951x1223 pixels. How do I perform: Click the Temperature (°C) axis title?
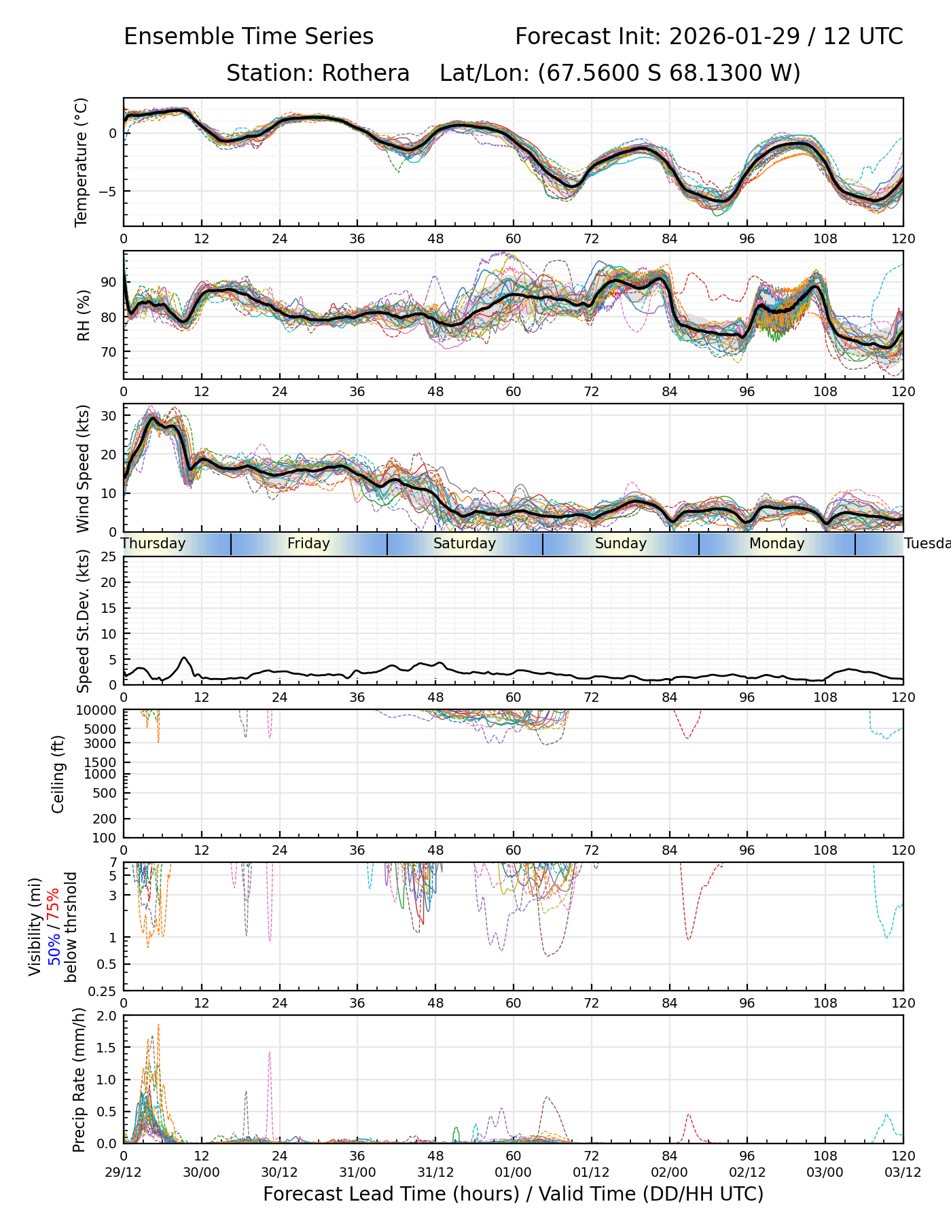(x=82, y=162)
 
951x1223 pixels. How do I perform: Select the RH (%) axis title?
(x=84, y=315)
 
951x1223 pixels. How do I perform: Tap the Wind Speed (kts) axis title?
(x=83, y=468)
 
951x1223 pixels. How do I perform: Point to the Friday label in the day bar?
(x=308, y=544)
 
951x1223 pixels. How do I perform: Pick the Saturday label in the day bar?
(x=465, y=544)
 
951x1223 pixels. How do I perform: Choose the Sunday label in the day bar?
(x=621, y=544)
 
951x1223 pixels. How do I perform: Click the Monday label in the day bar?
(x=776, y=544)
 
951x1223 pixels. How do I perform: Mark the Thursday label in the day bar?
(x=154, y=544)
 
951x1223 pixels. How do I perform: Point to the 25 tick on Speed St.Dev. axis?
(x=109, y=557)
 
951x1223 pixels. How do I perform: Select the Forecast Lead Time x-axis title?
(x=513, y=1194)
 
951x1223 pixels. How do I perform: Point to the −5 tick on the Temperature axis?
(x=108, y=192)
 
